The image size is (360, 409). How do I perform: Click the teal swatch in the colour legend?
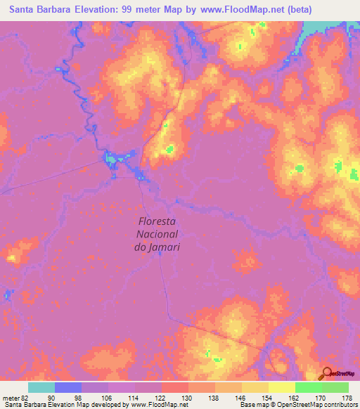click(x=41, y=387)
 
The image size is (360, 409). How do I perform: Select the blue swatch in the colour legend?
click(x=68, y=387)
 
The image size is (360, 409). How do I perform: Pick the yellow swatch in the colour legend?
click(x=282, y=387)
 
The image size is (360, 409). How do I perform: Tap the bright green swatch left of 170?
click(x=309, y=387)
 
